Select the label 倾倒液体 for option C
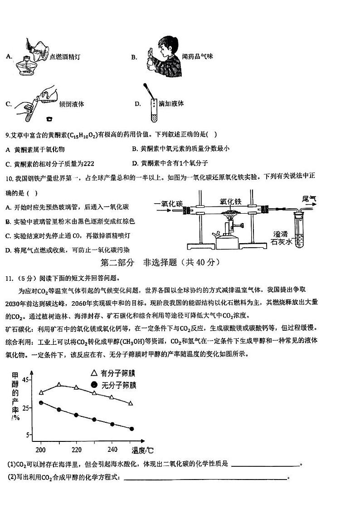72,104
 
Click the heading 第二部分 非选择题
160,262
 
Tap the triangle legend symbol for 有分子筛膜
94,373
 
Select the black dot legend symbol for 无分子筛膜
94,385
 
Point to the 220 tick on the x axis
76,450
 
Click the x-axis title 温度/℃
142,450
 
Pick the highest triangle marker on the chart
59,385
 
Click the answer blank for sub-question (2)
204,478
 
